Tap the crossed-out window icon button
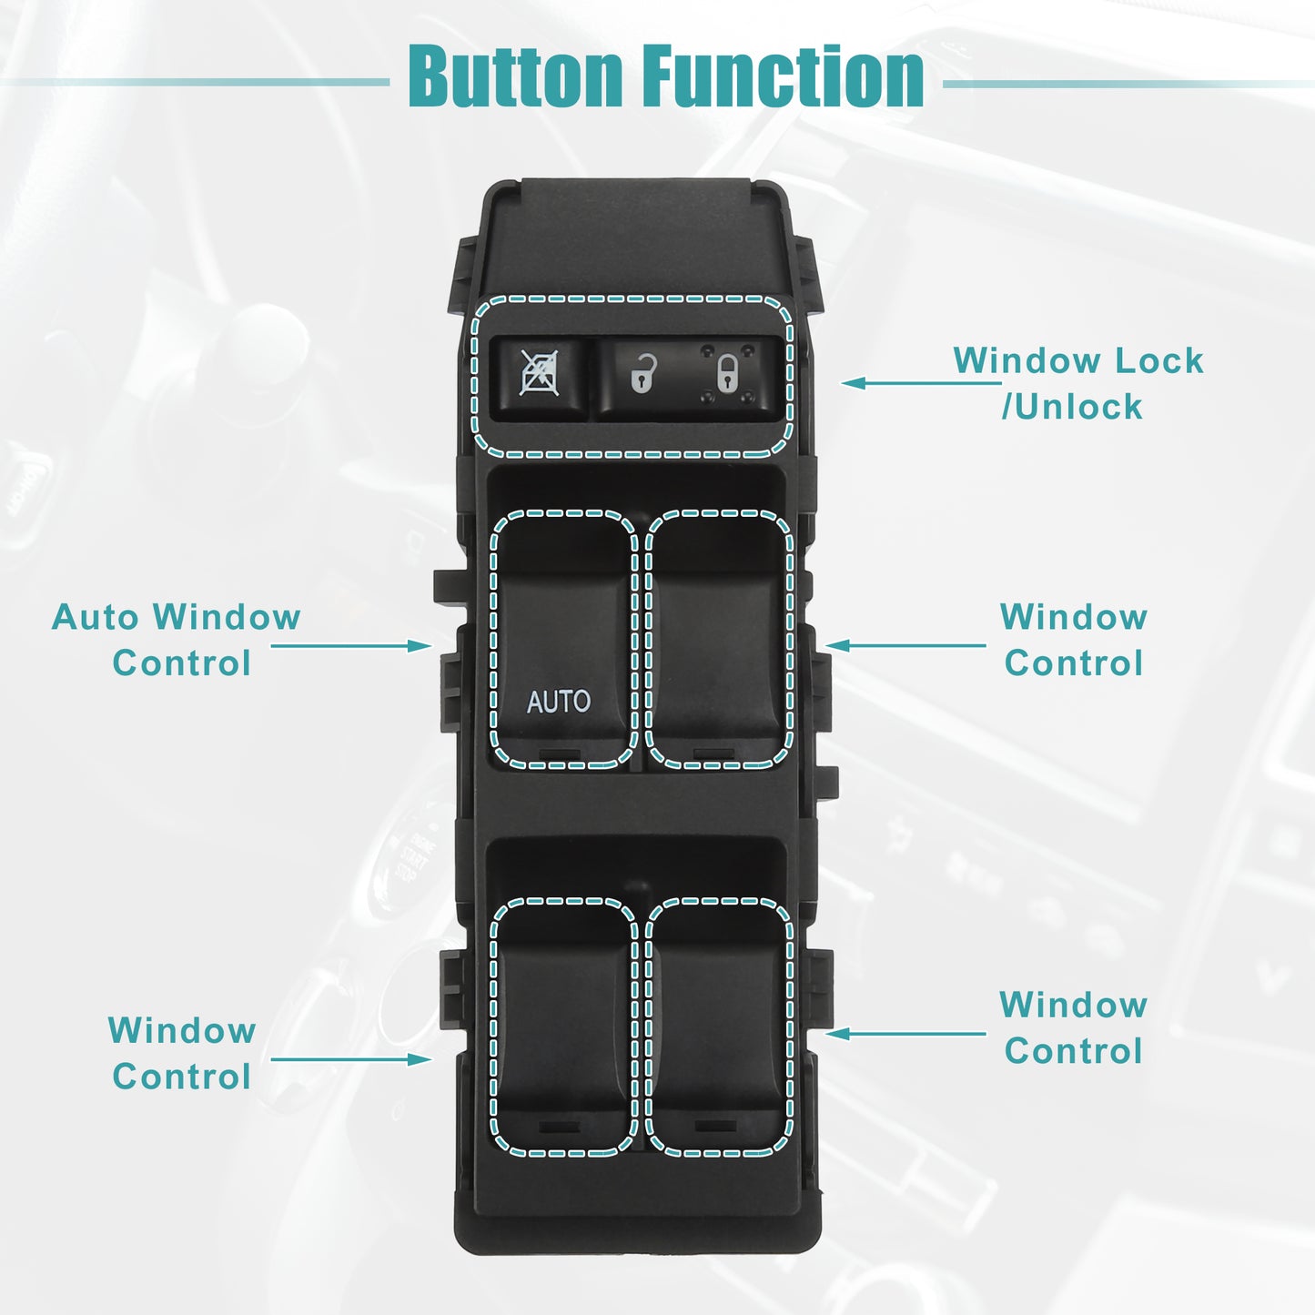pos(539,375)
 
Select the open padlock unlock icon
pos(642,373)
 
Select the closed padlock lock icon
pos(727,372)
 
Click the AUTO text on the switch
pos(558,702)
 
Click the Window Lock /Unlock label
pos(1078,383)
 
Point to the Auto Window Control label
pos(176,640)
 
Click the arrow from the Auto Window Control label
pos(351,645)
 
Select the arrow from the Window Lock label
pos(921,383)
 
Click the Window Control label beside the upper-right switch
pos(1074,640)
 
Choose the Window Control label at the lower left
pos(181,1054)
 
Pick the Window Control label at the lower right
pos(1074,1027)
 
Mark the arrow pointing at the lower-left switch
pos(351,1059)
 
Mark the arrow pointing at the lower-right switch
pos(905,1034)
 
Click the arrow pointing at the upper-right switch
pos(905,645)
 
